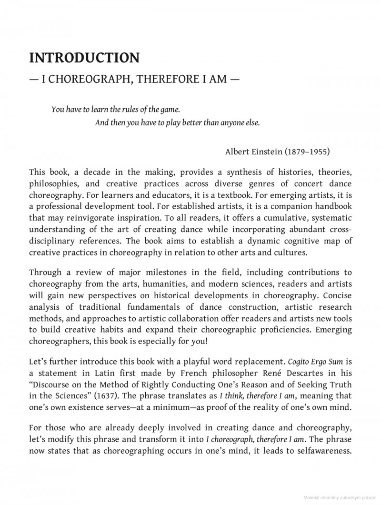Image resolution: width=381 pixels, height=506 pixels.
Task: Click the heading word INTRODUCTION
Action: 84,58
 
